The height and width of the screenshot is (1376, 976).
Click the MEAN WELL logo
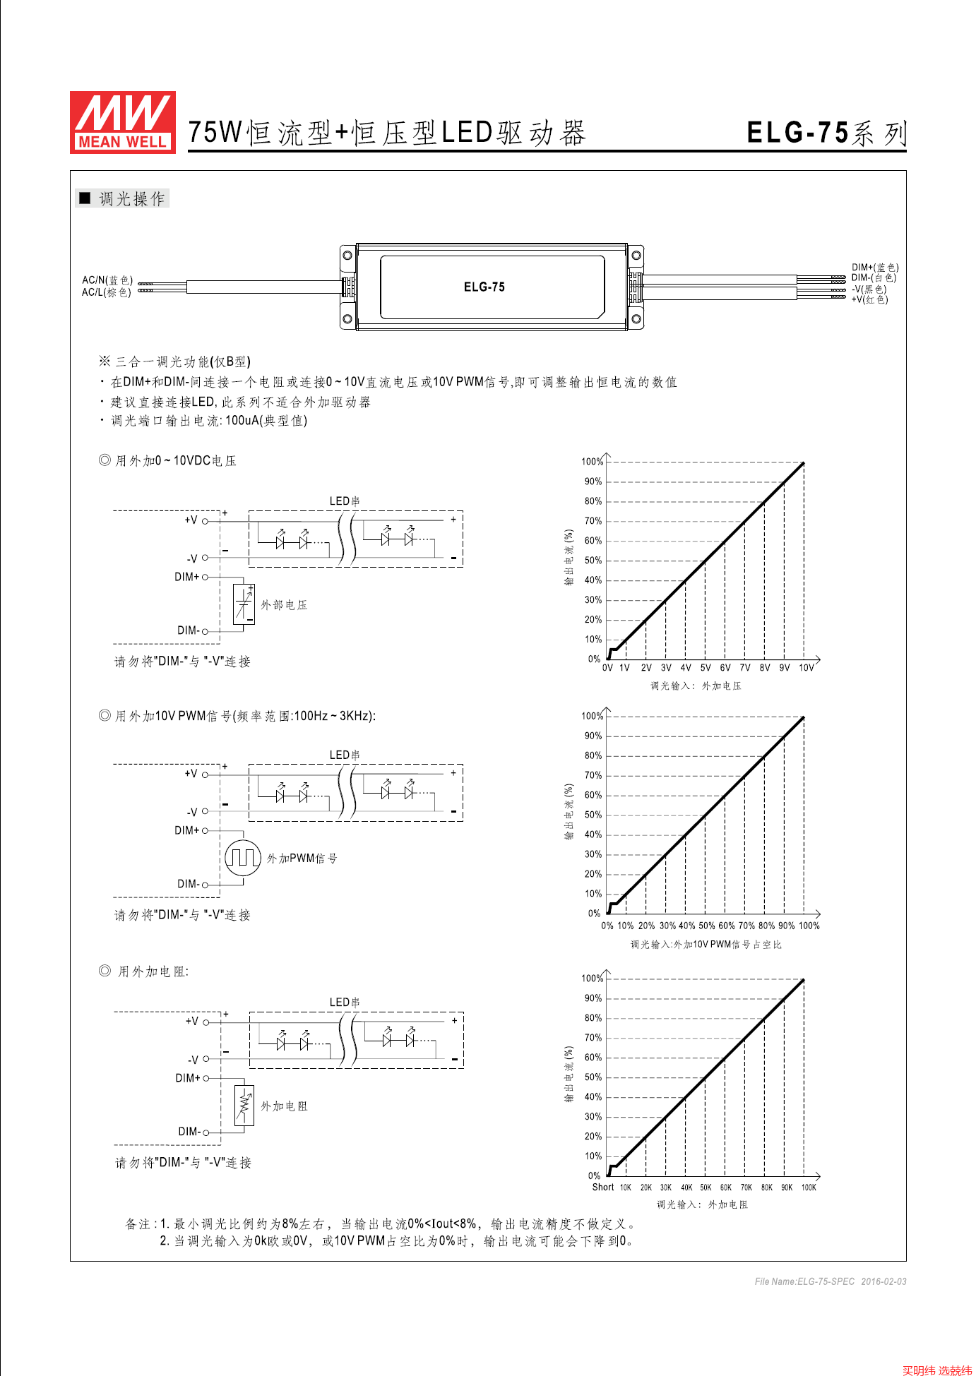(123, 121)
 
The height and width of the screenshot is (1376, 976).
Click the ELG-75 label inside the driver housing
(484, 287)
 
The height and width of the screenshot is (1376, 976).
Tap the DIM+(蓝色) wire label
(874, 268)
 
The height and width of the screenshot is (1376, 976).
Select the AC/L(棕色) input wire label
(106, 292)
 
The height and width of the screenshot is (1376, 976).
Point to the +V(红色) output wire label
(869, 299)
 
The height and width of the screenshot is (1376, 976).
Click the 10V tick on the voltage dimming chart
(806, 668)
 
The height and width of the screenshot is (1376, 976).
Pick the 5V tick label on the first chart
(705, 668)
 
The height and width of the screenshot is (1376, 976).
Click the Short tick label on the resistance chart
(602, 1187)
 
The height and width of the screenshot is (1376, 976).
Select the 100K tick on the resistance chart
(808, 1187)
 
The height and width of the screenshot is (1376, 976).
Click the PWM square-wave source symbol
(243, 858)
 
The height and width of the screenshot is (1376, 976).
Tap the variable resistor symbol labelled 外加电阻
(244, 1106)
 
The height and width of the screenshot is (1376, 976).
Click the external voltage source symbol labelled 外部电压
(244, 604)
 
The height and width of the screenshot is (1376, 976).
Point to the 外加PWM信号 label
(302, 858)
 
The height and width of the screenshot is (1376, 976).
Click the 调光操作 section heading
(131, 199)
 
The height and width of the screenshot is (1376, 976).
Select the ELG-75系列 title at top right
(826, 133)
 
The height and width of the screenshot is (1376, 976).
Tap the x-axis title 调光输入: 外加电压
(696, 686)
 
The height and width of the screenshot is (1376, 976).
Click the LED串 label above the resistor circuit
(345, 1003)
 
